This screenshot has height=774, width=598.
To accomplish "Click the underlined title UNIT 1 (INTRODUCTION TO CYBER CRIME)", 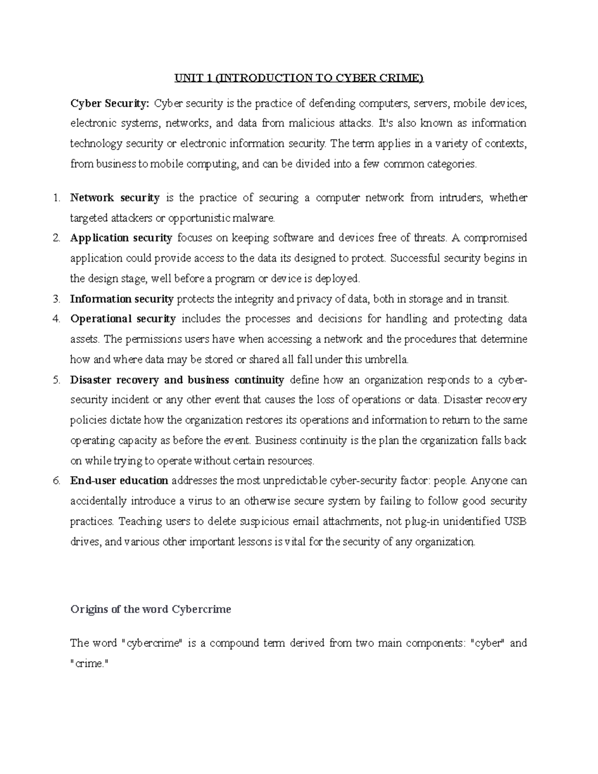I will click(299, 78).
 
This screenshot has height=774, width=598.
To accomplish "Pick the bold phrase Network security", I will click(115, 198).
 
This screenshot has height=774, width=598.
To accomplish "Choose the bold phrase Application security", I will click(121, 238).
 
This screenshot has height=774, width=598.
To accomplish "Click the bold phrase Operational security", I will click(123, 319).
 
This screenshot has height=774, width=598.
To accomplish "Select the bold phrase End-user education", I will click(119, 481).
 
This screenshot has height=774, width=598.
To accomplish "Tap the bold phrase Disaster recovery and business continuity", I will click(177, 380).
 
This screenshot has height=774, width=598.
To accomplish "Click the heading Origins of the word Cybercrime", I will click(150, 609).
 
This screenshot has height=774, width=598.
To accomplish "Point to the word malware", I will click(255, 218).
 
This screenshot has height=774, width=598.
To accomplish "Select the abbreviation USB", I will click(516, 521).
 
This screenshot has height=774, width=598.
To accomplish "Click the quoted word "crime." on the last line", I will click(89, 664).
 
